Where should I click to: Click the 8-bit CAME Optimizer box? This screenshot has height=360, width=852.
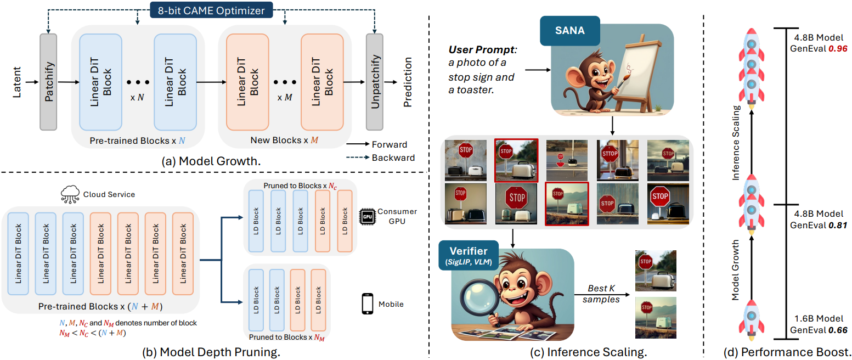tap(211, 10)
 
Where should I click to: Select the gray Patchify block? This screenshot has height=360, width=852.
tap(48, 82)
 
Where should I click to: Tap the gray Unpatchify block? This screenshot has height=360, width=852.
tap(375, 82)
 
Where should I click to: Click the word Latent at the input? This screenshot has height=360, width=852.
tap(17, 82)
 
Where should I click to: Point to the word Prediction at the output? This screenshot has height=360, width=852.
tap(408, 82)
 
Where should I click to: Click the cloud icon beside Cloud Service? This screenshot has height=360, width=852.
tap(70, 194)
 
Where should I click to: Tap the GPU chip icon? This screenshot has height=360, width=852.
tap(368, 217)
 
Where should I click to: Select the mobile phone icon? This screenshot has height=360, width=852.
tap(368, 303)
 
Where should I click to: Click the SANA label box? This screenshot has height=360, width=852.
tap(570, 30)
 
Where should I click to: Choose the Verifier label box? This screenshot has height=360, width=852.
tap(469, 255)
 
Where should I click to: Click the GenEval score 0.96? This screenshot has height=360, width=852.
tap(838, 49)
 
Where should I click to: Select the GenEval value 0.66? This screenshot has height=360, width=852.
tap(838, 330)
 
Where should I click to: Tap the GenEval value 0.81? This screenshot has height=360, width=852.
tap(838, 226)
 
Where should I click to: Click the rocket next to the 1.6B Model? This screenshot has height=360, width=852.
tap(751, 319)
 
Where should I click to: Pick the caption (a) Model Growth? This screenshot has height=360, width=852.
tap(211, 161)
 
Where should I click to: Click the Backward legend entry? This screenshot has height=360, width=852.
tap(381, 157)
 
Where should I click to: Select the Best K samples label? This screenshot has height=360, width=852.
tap(601, 294)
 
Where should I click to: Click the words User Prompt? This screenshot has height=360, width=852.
tap(482, 49)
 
